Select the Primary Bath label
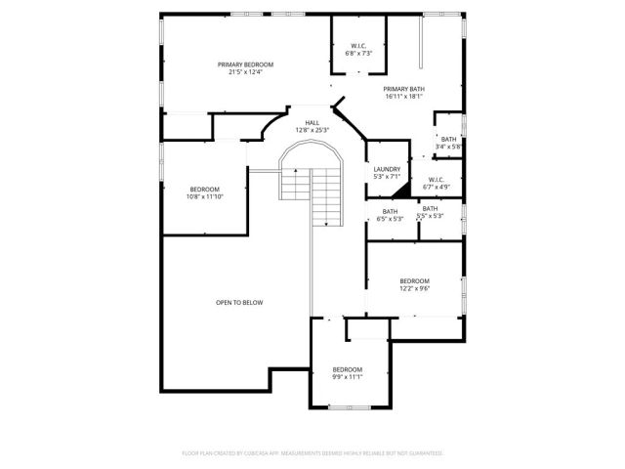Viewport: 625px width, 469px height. tap(403, 89)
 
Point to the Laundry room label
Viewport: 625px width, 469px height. tap(387, 170)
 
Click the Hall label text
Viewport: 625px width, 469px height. tap(312, 122)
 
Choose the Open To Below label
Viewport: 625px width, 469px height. tap(239, 303)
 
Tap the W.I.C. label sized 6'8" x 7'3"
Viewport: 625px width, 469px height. tap(358, 46)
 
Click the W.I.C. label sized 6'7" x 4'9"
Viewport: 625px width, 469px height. tap(436, 179)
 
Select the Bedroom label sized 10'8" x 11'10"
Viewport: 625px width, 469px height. tap(204, 189)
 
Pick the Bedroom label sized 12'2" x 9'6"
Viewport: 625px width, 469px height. tap(414, 281)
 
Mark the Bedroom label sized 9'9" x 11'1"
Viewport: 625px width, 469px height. tap(347, 369)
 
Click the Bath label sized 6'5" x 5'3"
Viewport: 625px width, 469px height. tap(390, 211)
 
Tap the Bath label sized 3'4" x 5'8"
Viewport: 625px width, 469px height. tap(448, 139)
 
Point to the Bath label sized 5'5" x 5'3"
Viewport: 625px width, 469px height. tap(430, 207)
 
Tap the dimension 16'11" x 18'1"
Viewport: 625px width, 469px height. tap(403, 97)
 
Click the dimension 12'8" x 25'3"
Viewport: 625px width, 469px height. tap(312, 130)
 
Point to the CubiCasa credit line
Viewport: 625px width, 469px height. tap(312, 453)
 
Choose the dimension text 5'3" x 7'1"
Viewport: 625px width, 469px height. tap(387, 178)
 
